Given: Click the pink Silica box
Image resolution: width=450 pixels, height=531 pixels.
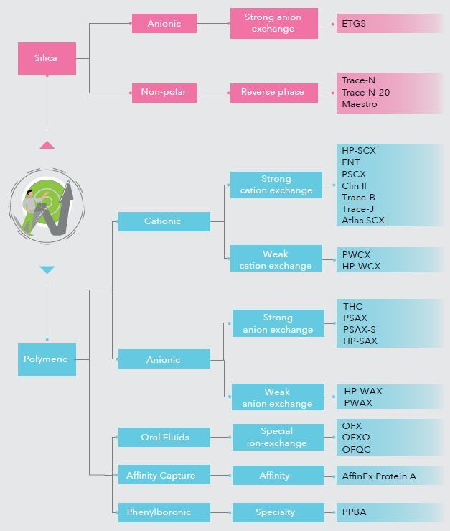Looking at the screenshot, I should [x=47, y=58].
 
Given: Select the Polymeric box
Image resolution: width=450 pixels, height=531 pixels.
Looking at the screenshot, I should [x=47, y=359].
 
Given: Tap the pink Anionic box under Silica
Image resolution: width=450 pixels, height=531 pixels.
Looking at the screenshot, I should [x=164, y=24].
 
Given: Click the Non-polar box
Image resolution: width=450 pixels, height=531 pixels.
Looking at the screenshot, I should [x=164, y=92].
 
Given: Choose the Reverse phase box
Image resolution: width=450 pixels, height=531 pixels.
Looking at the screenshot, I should [x=273, y=92].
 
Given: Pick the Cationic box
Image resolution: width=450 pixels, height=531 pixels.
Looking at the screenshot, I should [x=164, y=221].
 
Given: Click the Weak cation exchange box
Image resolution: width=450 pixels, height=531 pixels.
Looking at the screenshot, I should [x=276, y=259].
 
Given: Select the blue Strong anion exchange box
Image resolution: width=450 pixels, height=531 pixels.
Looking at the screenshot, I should [x=278, y=323].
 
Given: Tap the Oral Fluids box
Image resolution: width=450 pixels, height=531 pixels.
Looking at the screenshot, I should [x=164, y=437].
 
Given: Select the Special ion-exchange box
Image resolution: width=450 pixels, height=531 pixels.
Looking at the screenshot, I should [x=277, y=437].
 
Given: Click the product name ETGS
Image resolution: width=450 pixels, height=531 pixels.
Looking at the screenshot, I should [x=354, y=24].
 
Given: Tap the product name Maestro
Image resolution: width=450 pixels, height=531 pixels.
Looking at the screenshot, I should [x=359, y=104].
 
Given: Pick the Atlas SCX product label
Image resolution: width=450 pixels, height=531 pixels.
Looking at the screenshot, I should [x=363, y=220].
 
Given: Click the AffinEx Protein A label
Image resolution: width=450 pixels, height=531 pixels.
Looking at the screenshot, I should [x=379, y=476].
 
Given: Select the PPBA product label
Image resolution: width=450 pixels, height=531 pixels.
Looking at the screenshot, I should [x=355, y=512].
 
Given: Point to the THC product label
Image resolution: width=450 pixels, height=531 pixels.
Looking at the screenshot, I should [x=352, y=307].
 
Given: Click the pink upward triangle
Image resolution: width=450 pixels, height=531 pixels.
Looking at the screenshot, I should [x=47, y=145].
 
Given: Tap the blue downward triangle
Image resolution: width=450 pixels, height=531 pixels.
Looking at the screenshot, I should [x=47, y=270].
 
